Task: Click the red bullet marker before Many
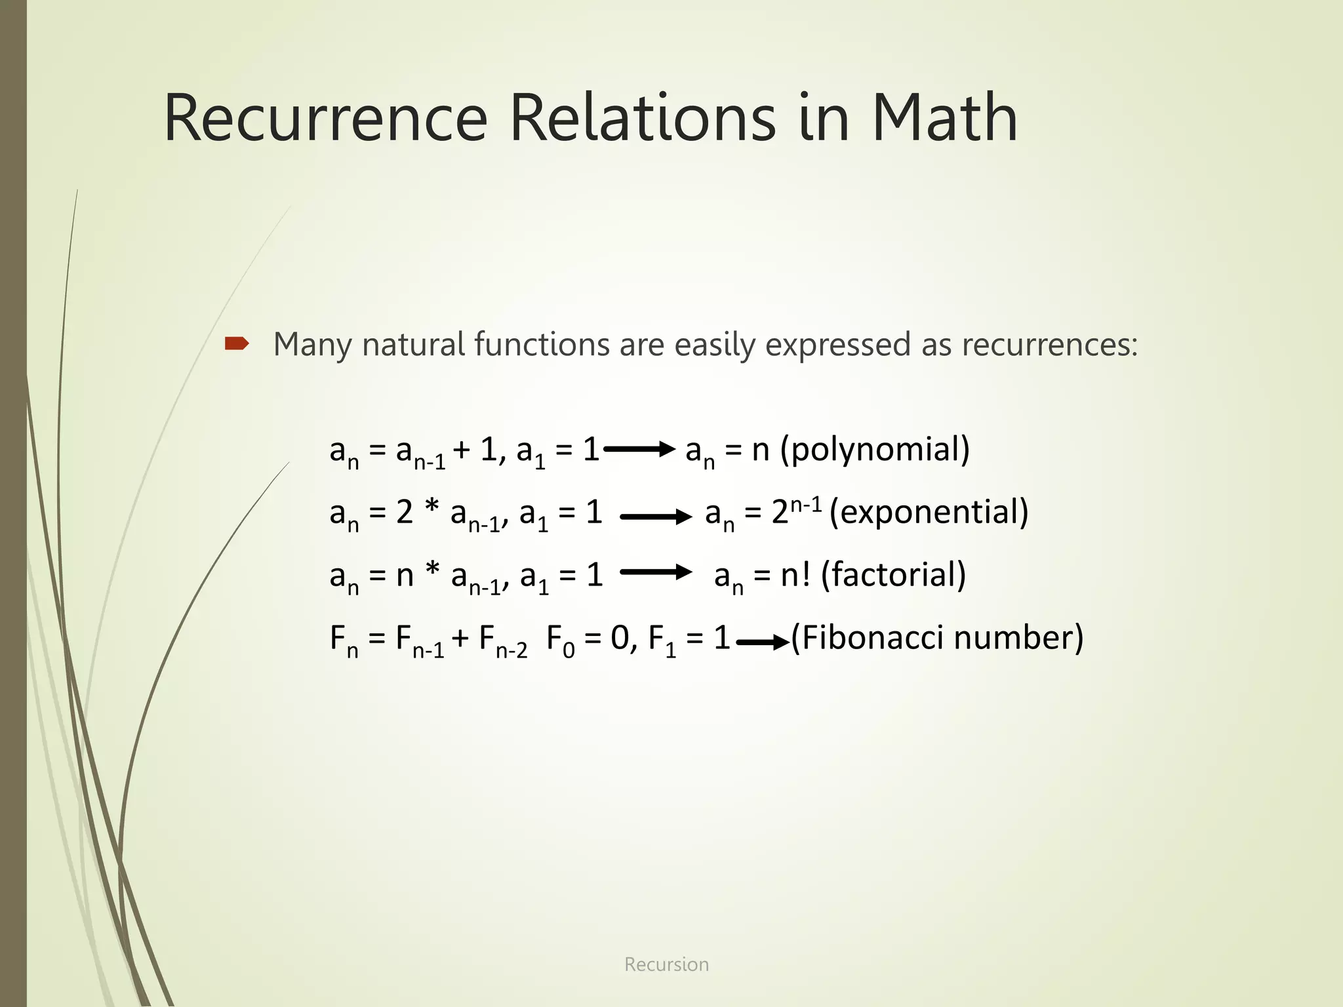[x=237, y=344]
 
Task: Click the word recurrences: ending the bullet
[x=1049, y=344]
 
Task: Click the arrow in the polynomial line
[x=639, y=449]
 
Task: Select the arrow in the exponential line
[x=656, y=517]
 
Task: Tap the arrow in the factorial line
[x=656, y=572]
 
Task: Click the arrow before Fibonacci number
[x=763, y=642]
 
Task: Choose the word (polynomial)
[x=875, y=450]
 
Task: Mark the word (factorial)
[x=893, y=576]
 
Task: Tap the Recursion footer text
[x=666, y=964]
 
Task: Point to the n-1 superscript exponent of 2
[x=806, y=505]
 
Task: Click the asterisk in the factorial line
[x=432, y=570]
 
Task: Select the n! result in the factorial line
[x=795, y=575]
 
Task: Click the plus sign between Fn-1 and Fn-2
[x=460, y=638]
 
